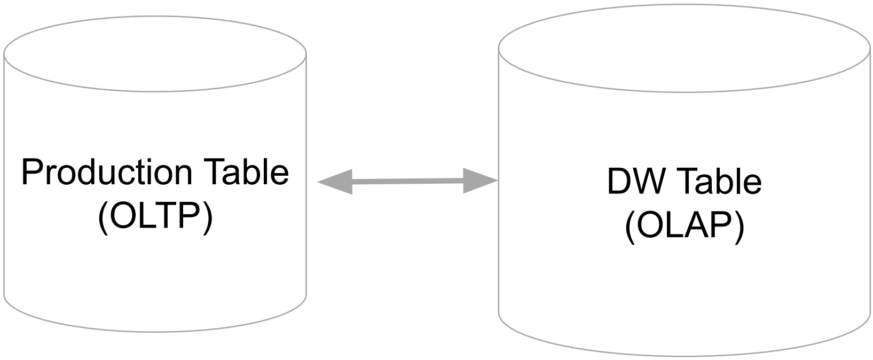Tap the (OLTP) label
[155, 217]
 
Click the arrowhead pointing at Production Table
[334, 182]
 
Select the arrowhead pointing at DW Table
[481, 181]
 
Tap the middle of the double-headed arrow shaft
[407, 181]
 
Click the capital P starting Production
[31, 172]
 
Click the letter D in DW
[617, 182]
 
